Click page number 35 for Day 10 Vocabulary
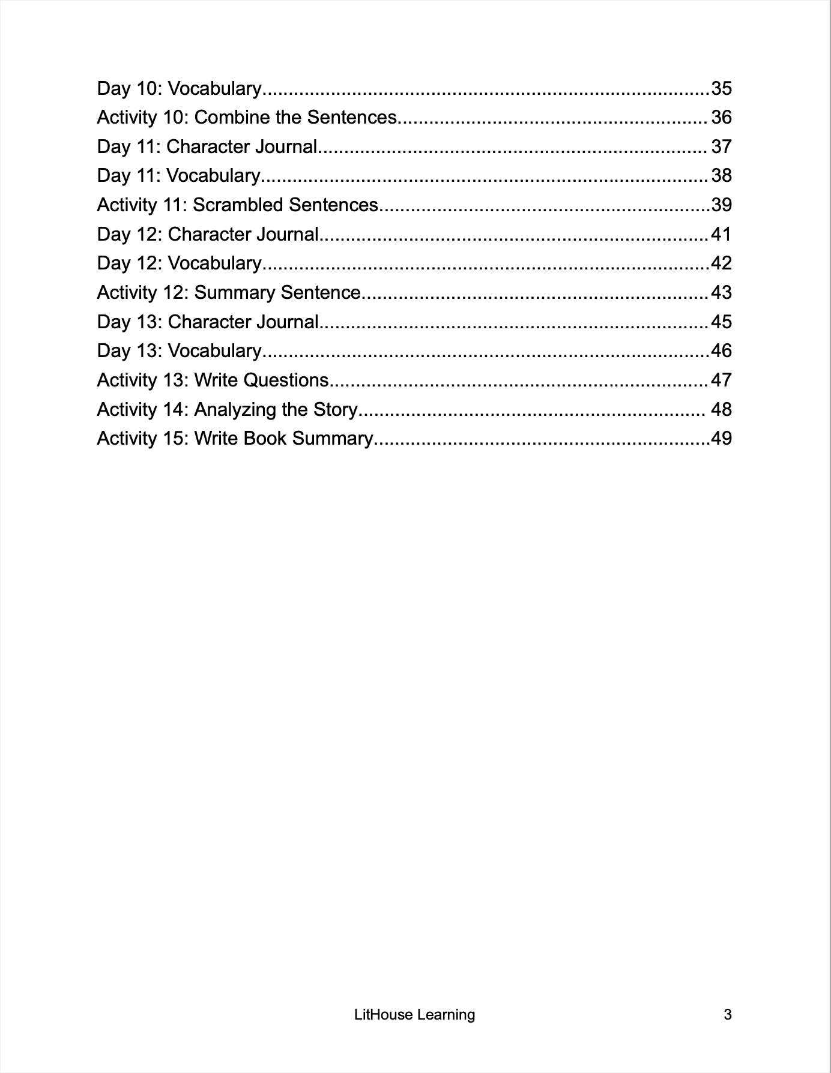721,88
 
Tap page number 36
721,117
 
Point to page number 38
721,175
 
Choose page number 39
721,205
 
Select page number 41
721,234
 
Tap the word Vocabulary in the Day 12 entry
214,263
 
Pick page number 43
721,292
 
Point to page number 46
721,350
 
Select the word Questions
286,380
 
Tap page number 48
721,409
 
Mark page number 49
721,438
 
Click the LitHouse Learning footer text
414,1015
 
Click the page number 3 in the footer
728,1015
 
